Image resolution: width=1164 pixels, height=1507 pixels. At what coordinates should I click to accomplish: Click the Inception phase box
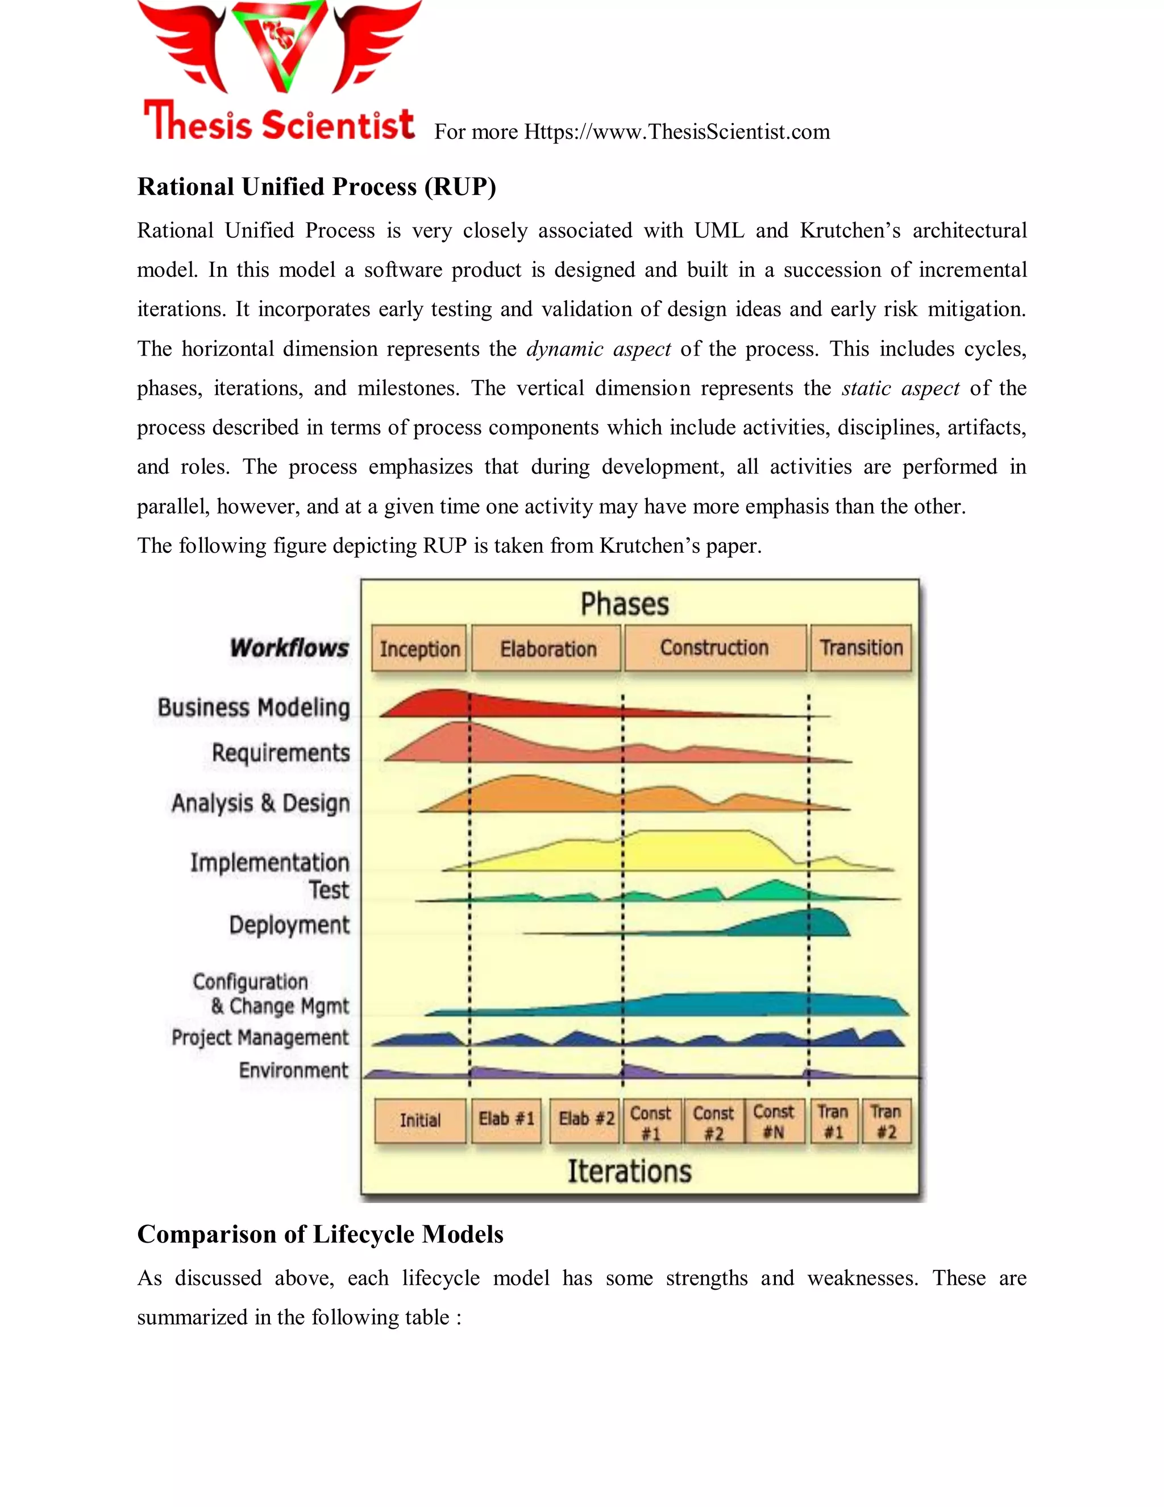coord(419,649)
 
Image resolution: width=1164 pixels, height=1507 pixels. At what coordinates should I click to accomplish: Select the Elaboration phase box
coord(547,649)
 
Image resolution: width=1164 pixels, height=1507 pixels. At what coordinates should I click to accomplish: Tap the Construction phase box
coord(714,648)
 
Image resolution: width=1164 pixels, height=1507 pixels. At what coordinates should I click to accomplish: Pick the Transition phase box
coord(860,648)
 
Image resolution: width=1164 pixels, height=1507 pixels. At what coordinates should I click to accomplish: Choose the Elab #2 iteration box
coord(585,1119)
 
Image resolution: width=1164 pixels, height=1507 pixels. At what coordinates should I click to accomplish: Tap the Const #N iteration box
coord(774,1121)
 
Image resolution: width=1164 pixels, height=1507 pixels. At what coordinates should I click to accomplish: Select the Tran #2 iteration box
coord(886,1121)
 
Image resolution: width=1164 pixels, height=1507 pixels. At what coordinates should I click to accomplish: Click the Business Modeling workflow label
coord(253,708)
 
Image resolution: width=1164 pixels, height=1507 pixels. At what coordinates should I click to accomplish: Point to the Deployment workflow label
coord(289,925)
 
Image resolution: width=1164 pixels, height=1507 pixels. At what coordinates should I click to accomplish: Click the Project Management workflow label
coord(260,1037)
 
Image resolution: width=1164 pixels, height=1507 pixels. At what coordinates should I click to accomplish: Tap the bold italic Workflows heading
coord(289,648)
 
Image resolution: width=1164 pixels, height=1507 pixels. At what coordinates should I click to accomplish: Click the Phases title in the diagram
coord(624,605)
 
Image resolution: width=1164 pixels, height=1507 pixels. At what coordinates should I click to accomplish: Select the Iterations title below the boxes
coord(629,1171)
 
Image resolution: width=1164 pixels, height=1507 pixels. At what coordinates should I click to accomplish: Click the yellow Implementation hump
coord(689,852)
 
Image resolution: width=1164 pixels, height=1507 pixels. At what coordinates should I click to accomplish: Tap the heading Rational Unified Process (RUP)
coord(317,187)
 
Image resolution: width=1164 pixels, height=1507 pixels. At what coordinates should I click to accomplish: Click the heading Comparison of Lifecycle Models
coord(320,1234)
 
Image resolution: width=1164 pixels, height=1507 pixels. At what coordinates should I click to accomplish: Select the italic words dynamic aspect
coord(598,349)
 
